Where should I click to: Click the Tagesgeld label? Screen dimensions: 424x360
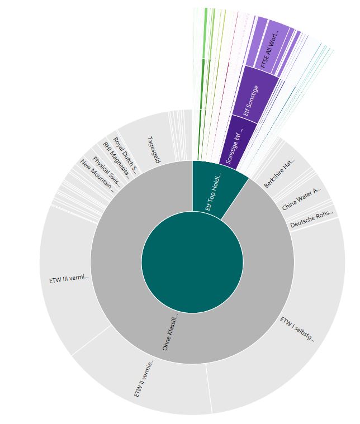click(154, 150)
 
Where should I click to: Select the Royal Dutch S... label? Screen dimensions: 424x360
click(125, 154)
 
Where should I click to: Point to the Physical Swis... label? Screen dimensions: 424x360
click(106, 168)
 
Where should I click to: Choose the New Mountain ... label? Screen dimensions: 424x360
click(97, 175)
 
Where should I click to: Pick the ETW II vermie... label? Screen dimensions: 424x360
click(144, 378)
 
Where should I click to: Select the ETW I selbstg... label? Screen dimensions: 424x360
click(297, 329)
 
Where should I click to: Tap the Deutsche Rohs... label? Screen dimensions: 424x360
click(311, 218)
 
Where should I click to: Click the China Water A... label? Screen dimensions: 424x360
click(301, 199)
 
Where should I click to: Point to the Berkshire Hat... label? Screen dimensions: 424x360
click(280, 173)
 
